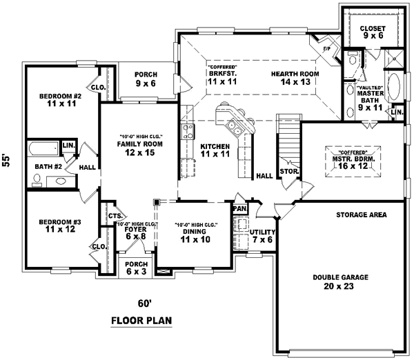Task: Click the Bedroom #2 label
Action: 61,96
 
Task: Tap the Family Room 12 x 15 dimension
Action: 139,152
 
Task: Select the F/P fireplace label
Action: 327,49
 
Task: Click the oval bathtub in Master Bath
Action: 395,87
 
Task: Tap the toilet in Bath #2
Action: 37,180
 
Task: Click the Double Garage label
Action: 341,277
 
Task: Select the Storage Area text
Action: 362,215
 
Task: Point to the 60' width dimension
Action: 144,304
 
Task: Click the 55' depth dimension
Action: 6,160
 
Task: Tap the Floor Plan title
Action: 141,321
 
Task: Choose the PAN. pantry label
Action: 240,209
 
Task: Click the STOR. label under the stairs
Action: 289,171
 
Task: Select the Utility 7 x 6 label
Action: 262,236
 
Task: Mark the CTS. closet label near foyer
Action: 116,216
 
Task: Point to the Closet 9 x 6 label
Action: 373,32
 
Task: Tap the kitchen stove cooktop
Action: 188,132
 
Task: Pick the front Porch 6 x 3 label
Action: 137,268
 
